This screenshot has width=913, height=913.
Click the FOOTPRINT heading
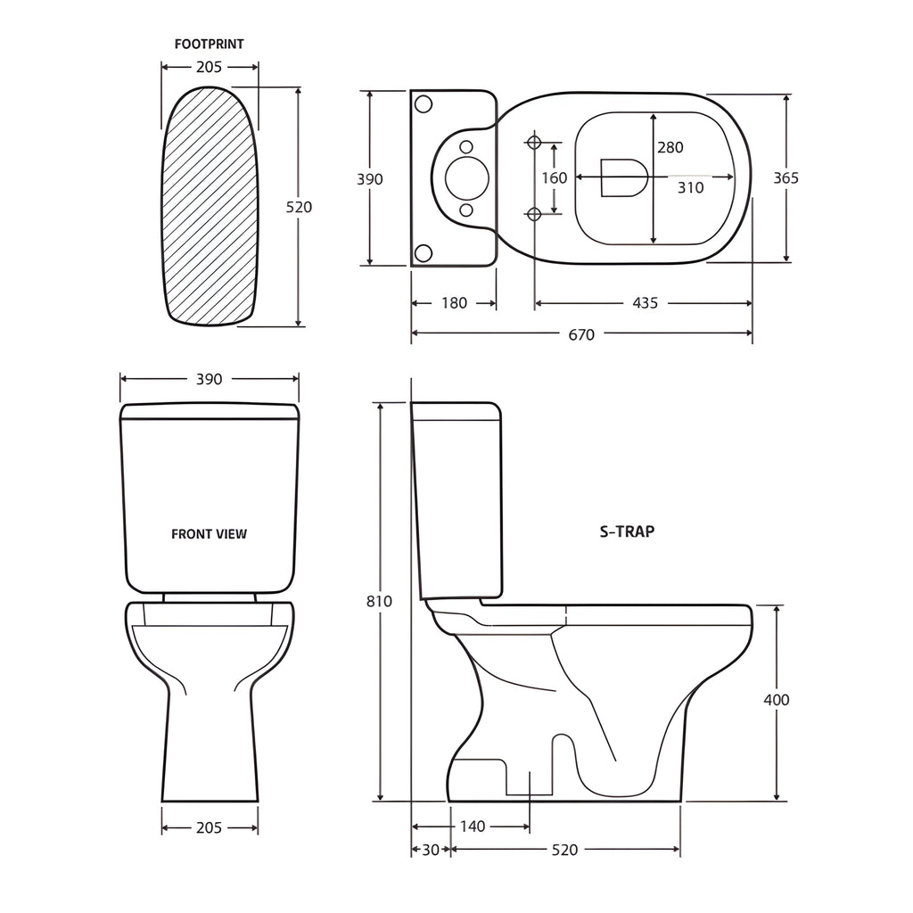[209, 44]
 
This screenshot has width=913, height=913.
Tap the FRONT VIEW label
[209, 534]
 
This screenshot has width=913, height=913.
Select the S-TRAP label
[627, 531]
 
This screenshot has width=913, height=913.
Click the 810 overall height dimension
[379, 601]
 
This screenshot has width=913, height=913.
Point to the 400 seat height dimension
[777, 699]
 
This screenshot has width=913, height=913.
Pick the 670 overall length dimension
[581, 334]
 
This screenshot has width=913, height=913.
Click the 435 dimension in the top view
[645, 303]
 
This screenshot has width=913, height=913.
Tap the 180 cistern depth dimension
[454, 303]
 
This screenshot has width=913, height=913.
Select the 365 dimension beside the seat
[786, 177]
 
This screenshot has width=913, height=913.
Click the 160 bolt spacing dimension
[555, 177]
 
